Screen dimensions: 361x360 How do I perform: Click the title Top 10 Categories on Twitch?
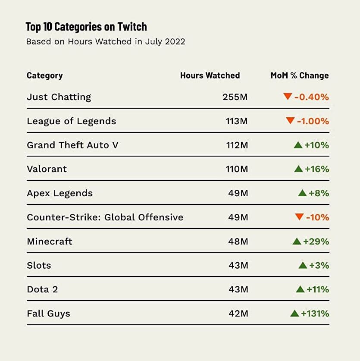[x=86, y=27]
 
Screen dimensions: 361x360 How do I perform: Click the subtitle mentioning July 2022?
[x=106, y=42]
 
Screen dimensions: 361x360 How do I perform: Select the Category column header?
[x=45, y=75]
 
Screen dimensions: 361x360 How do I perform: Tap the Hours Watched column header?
[x=210, y=75]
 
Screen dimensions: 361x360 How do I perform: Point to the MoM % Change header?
[x=300, y=75]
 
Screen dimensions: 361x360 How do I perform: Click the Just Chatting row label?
[x=59, y=97]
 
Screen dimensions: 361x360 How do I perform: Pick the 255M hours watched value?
[x=235, y=97]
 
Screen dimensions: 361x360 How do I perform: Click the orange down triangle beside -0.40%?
[x=288, y=97]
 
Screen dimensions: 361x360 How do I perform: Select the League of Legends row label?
[x=72, y=121]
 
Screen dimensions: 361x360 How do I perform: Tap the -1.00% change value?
[x=313, y=121]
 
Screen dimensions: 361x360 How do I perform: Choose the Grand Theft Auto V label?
[x=72, y=145]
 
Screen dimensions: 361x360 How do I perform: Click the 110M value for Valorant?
[x=237, y=169]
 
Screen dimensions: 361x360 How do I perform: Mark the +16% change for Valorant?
[x=317, y=169]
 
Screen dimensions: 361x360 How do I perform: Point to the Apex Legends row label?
[x=59, y=193]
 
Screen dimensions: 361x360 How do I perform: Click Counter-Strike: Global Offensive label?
[x=105, y=217]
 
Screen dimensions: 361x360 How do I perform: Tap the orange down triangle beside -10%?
[x=299, y=217]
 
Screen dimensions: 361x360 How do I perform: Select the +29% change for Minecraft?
[x=316, y=242]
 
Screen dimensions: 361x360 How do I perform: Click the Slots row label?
[x=39, y=265]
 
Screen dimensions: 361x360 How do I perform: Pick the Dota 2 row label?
[x=42, y=289]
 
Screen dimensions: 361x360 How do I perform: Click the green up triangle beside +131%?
[x=295, y=313]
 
